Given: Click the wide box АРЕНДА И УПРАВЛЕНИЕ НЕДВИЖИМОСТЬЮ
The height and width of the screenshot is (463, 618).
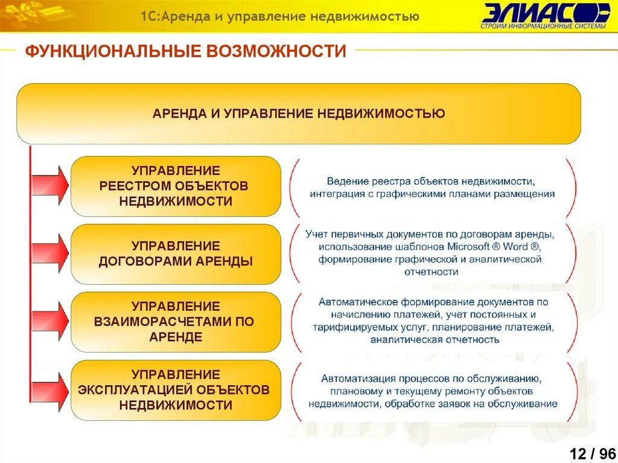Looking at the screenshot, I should tap(299, 113).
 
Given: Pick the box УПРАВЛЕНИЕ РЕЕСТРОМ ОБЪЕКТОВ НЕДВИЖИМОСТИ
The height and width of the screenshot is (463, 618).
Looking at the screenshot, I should tap(176, 186).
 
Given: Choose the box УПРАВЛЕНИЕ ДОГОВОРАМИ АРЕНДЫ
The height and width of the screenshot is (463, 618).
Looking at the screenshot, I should tap(176, 254).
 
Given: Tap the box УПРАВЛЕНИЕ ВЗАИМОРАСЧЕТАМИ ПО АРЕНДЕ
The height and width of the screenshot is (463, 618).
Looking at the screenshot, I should tap(176, 322).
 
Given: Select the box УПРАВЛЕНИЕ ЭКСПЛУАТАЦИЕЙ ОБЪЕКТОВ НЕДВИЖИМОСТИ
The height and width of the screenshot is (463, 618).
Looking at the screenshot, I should tap(176, 390).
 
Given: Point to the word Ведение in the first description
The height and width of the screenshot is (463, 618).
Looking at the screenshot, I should tap(346, 181).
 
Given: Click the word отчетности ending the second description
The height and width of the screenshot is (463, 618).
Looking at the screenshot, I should tap(432, 272).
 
